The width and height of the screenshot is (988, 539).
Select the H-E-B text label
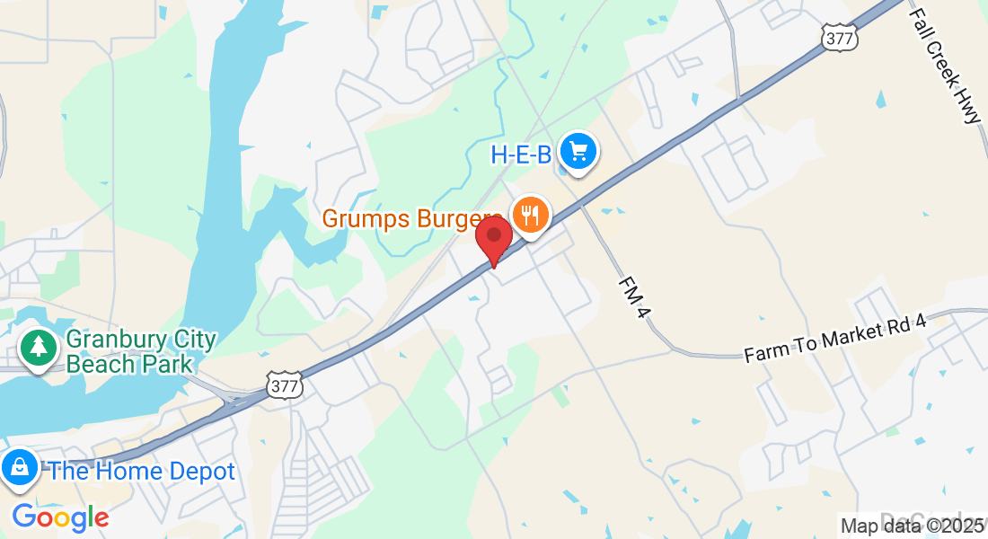coord(520,155)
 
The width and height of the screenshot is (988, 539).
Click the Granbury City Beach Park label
coord(141,352)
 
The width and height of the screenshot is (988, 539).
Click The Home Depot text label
coord(142,472)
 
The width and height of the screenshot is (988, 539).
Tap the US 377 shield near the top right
coord(839,36)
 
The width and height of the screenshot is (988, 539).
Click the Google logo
coord(60,517)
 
